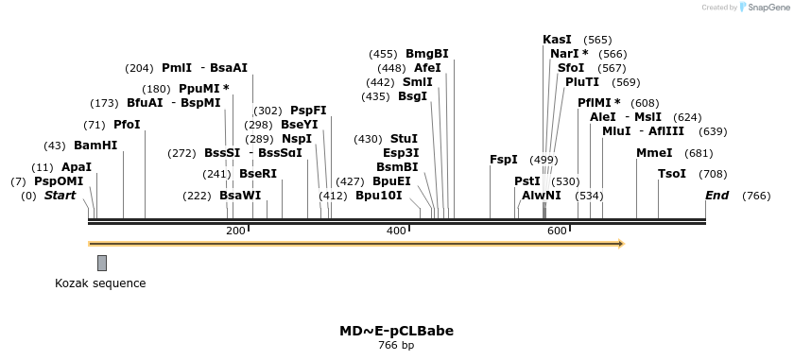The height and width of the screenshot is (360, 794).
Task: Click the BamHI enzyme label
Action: point(95,146)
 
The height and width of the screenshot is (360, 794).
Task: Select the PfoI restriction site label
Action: point(127,125)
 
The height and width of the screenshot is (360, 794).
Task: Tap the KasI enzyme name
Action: point(557,40)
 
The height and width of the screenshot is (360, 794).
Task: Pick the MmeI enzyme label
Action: point(654,153)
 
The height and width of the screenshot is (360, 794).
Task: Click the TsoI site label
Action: point(672,174)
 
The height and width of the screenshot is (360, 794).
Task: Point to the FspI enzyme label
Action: point(504,160)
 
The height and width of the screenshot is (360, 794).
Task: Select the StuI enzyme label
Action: point(404,139)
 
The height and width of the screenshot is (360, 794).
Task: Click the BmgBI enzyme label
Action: point(427,54)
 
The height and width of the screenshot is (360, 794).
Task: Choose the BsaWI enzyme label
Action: point(240,196)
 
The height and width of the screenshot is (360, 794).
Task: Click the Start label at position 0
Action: point(60,196)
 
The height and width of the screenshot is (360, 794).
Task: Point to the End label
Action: point(717,196)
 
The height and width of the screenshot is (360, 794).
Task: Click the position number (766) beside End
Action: point(756,197)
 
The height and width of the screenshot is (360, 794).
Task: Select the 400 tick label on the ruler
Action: point(396,231)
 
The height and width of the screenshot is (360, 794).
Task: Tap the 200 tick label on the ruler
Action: point(235,231)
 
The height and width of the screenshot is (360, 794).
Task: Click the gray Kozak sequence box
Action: point(102,263)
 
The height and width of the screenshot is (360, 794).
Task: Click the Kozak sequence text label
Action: point(100,283)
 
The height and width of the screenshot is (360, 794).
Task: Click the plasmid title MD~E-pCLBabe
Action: point(396,331)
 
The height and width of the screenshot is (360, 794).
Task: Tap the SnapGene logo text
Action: point(768,8)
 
